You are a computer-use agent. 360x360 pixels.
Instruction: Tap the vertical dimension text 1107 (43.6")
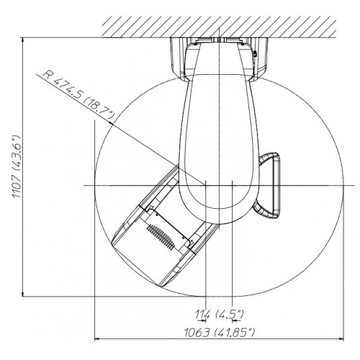[17, 166]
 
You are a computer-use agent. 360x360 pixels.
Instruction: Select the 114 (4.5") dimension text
[219, 314]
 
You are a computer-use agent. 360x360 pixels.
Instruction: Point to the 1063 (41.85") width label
[219, 333]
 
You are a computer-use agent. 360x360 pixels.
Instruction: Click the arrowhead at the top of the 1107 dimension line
[23, 40]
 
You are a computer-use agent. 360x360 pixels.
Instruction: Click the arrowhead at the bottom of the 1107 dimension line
[23, 294]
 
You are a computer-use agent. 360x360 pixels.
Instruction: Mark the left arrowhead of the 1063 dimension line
[97, 339]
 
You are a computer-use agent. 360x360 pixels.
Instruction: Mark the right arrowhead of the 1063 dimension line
[341, 339]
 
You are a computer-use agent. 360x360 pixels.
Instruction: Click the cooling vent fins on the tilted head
[161, 237]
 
